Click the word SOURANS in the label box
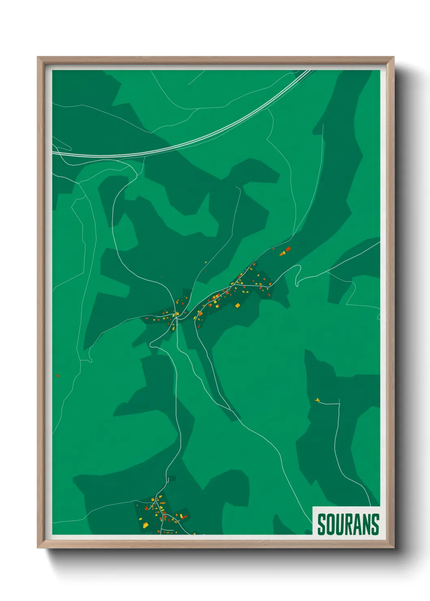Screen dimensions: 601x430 point(348,524)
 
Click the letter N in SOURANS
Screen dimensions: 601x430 point(367,524)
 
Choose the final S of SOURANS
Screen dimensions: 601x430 point(376,524)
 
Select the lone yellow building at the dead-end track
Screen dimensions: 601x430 point(317,400)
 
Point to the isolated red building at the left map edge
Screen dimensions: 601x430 point(58,376)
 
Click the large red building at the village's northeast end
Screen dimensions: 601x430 point(288,249)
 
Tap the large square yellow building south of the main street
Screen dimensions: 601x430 point(238,305)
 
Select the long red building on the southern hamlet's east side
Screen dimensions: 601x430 point(183,517)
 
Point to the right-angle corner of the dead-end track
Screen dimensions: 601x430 point(339,404)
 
